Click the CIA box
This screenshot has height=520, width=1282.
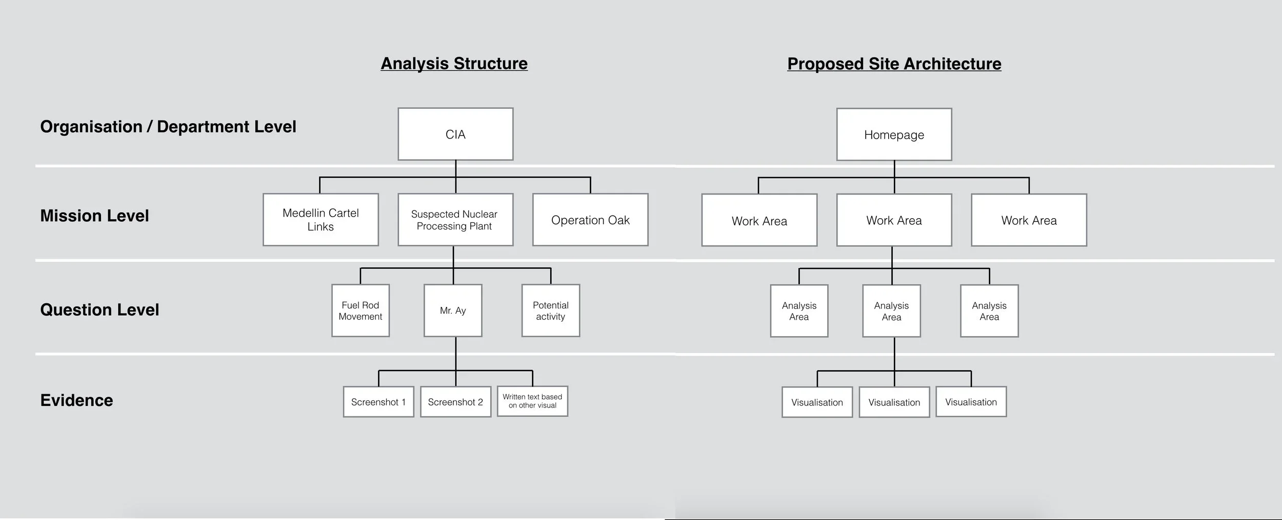455,134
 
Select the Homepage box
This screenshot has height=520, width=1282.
894,135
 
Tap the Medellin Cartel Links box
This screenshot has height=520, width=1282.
320,220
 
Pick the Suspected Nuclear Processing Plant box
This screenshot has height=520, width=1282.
455,220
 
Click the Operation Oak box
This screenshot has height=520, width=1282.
590,220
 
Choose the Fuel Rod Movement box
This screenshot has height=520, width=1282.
360,311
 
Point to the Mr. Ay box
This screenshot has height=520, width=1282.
453,311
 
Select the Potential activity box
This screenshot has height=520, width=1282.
550,311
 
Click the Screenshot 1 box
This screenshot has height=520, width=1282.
378,402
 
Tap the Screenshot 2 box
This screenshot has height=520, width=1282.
455,402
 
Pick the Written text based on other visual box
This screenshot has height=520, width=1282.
532,401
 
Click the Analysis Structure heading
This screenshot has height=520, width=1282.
454,63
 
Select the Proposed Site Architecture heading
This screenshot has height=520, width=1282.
894,64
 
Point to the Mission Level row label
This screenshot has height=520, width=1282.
94,216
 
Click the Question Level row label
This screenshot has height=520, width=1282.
99,310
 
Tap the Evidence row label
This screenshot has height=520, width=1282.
76,400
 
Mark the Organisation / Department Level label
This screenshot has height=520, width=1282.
168,127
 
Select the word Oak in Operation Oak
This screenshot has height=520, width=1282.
618,220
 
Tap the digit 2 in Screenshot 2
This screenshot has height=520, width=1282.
480,402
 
